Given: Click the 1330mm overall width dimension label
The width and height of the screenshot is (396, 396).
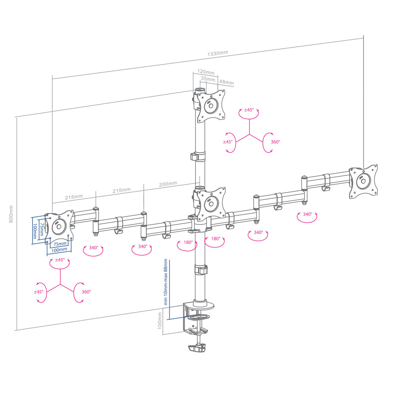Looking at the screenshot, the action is pyautogui.click(x=218, y=53).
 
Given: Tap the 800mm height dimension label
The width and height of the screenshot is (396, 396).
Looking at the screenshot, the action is pyautogui.click(x=11, y=214).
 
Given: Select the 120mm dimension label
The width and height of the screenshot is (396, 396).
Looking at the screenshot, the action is pyautogui.click(x=206, y=72).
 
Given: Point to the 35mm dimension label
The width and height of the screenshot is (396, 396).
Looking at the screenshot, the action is pyautogui.click(x=208, y=79).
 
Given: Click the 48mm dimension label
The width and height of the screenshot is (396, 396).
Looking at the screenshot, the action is pyautogui.click(x=227, y=82).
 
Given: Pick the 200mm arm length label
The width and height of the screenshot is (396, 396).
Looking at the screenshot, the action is pyautogui.click(x=168, y=184).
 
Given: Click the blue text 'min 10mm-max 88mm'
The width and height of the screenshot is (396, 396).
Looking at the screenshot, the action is pyautogui.click(x=166, y=282).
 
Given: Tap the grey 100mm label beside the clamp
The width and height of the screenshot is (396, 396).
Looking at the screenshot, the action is pyautogui.click(x=160, y=320).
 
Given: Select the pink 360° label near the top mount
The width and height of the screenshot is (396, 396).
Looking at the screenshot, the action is pyautogui.click(x=276, y=142).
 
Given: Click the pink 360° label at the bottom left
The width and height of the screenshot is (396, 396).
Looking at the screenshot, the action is pyautogui.click(x=86, y=292).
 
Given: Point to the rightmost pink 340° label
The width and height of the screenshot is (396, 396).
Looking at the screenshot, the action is pyautogui.click(x=307, y=214).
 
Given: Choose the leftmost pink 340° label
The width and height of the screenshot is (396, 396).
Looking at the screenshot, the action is pyautogui.click(x=93, y=247).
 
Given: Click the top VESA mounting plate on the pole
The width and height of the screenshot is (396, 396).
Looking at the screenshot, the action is pyautogui.click(x=211, y=106).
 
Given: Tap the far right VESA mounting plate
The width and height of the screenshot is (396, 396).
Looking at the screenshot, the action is pyautogui.click(x=364, y=181).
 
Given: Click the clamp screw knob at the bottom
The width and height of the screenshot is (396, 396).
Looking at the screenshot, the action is pyautogui.click(x=197, y=348).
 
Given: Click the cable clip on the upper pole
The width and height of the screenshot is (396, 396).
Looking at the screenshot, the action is pyautogui.click(x=198, y=157).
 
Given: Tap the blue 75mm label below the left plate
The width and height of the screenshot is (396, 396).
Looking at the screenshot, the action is pyautogui.click(x=60, y=244).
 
